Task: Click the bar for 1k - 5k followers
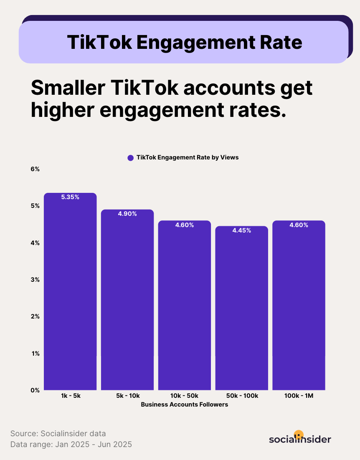click(x=70, y=292)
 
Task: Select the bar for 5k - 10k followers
click(x=127, y=301)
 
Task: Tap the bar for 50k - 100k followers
click(x=242, y=309)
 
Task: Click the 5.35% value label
click(x=70, y=197)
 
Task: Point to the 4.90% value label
click(x=127, y=214)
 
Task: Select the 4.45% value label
click(x=242, y=230)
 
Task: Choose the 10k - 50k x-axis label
click(x=185, y=396)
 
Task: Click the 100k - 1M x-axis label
click(x=299, y=396)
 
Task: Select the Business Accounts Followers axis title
click(x=185, y=404)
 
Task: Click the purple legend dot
click(x=130, y=158)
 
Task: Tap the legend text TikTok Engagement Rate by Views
click(x=188, y=158)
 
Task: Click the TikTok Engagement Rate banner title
click(x=184, y=42)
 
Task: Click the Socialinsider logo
click(x=300, y=438)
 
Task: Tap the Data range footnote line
click(x=71, y=445)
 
